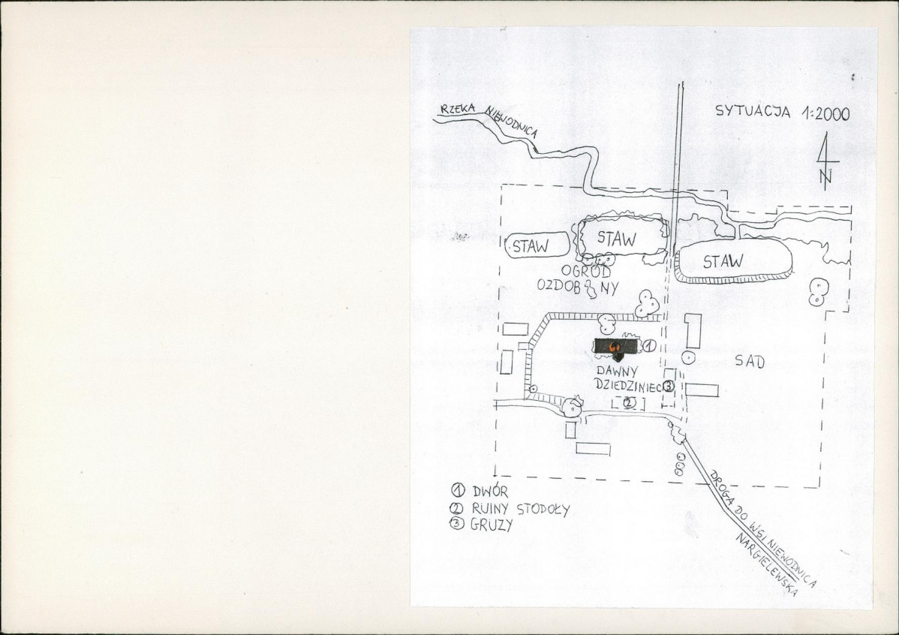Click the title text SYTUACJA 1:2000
783,112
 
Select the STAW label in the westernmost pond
531,246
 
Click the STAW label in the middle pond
617,238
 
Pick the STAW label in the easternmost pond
723,261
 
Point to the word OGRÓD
586,271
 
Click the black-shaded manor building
616,346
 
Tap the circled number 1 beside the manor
649,345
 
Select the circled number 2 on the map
629,402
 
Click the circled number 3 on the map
669,386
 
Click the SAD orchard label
750,361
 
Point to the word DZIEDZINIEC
628,386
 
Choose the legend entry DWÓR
480,491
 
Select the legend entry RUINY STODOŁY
510,509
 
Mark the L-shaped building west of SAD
693,331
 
